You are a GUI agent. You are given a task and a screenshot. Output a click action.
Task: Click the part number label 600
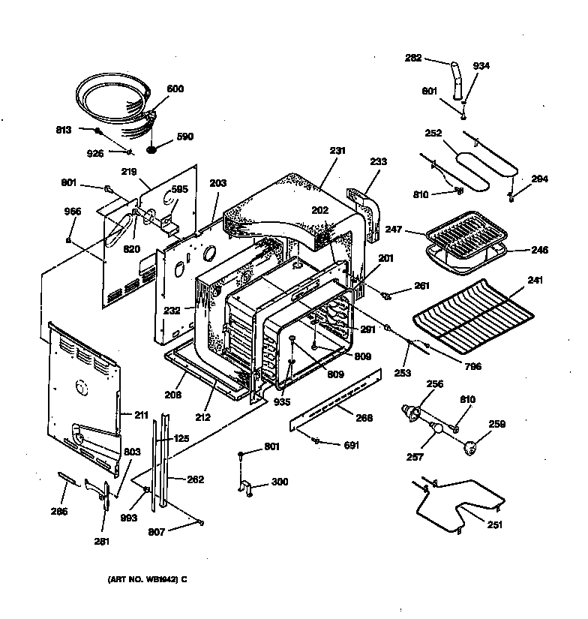[174, 89]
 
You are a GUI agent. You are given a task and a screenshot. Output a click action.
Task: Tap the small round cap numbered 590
[152, 149]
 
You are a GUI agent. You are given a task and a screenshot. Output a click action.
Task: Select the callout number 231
[337, 150]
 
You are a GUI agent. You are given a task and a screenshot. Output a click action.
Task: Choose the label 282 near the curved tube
[413, 56]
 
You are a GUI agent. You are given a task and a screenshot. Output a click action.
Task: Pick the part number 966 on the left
[72, 212]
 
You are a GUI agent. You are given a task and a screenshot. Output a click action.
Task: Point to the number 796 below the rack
[472, 367]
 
